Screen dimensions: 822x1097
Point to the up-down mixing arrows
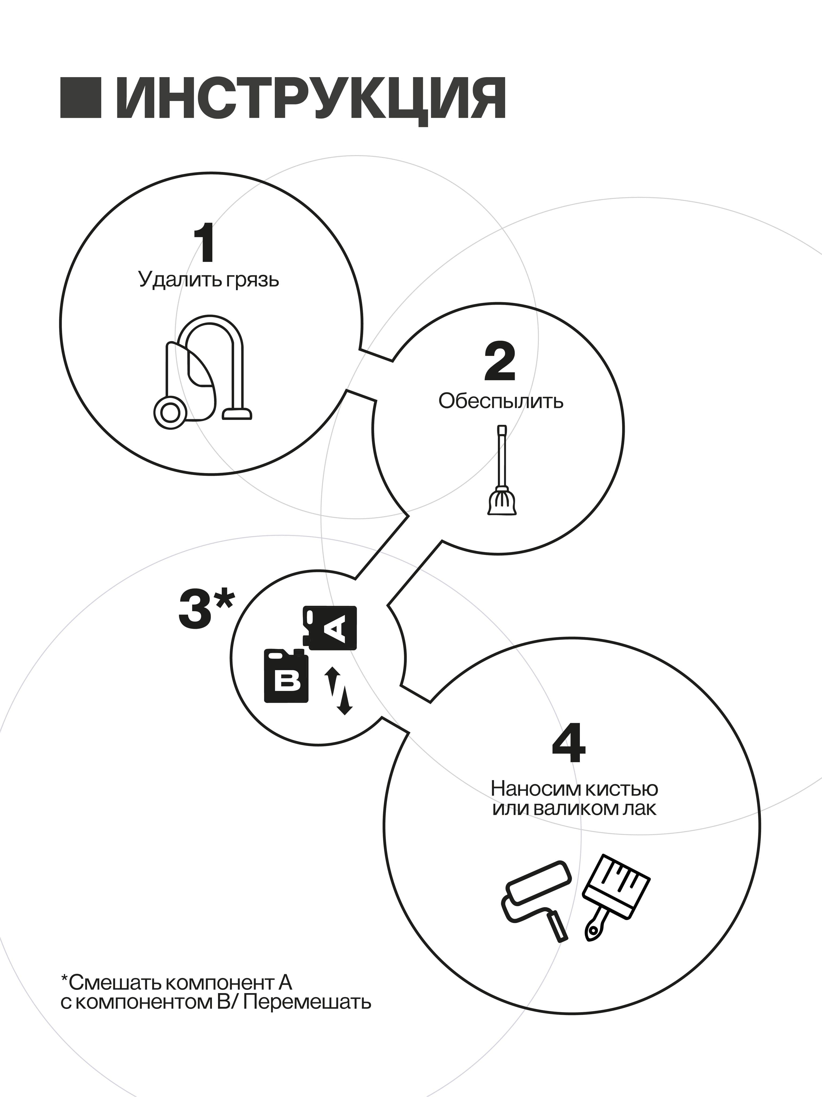[338, 690]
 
